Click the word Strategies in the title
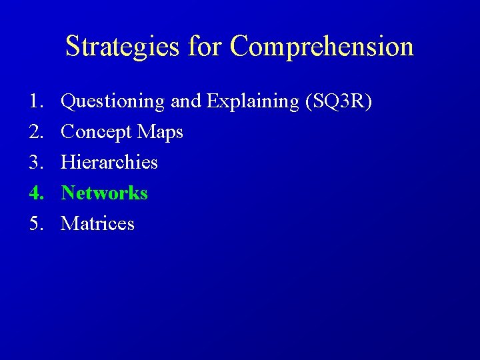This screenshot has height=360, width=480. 123,47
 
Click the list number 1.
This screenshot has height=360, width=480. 36,101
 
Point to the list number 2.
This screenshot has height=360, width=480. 36,132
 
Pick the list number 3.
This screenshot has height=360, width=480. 36,163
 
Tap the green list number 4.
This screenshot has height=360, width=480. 36,193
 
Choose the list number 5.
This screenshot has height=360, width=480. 36,224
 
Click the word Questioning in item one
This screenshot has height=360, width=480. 113,102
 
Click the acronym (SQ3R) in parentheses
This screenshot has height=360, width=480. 338,102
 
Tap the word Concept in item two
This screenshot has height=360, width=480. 96,133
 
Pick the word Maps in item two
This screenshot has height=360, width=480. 160,133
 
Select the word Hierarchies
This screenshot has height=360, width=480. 109,163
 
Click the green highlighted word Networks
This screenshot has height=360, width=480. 105,193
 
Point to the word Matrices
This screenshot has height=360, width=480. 98,224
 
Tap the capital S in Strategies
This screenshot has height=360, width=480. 72,47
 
